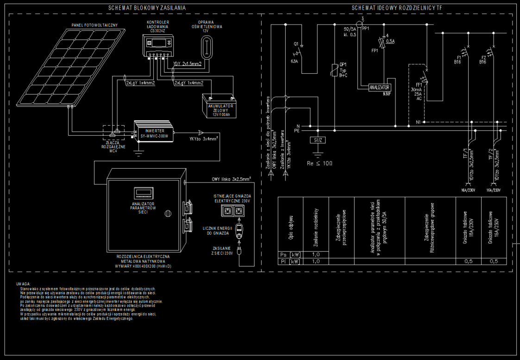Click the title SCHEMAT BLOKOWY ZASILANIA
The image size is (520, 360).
pos(147,8)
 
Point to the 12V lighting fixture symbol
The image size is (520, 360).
pos(207,47)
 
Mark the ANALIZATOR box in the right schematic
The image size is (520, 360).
pos(380,87)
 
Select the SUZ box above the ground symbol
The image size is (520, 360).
pos(318,139)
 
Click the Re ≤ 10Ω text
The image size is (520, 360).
pos(320,163)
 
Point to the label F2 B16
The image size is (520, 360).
pos(482,59)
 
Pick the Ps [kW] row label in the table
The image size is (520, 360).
pos(290,254)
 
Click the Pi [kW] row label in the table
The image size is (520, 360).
pos(290,261)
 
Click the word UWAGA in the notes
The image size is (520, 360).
pos(23,283)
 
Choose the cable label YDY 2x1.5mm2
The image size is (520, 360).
pos(187,64)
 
